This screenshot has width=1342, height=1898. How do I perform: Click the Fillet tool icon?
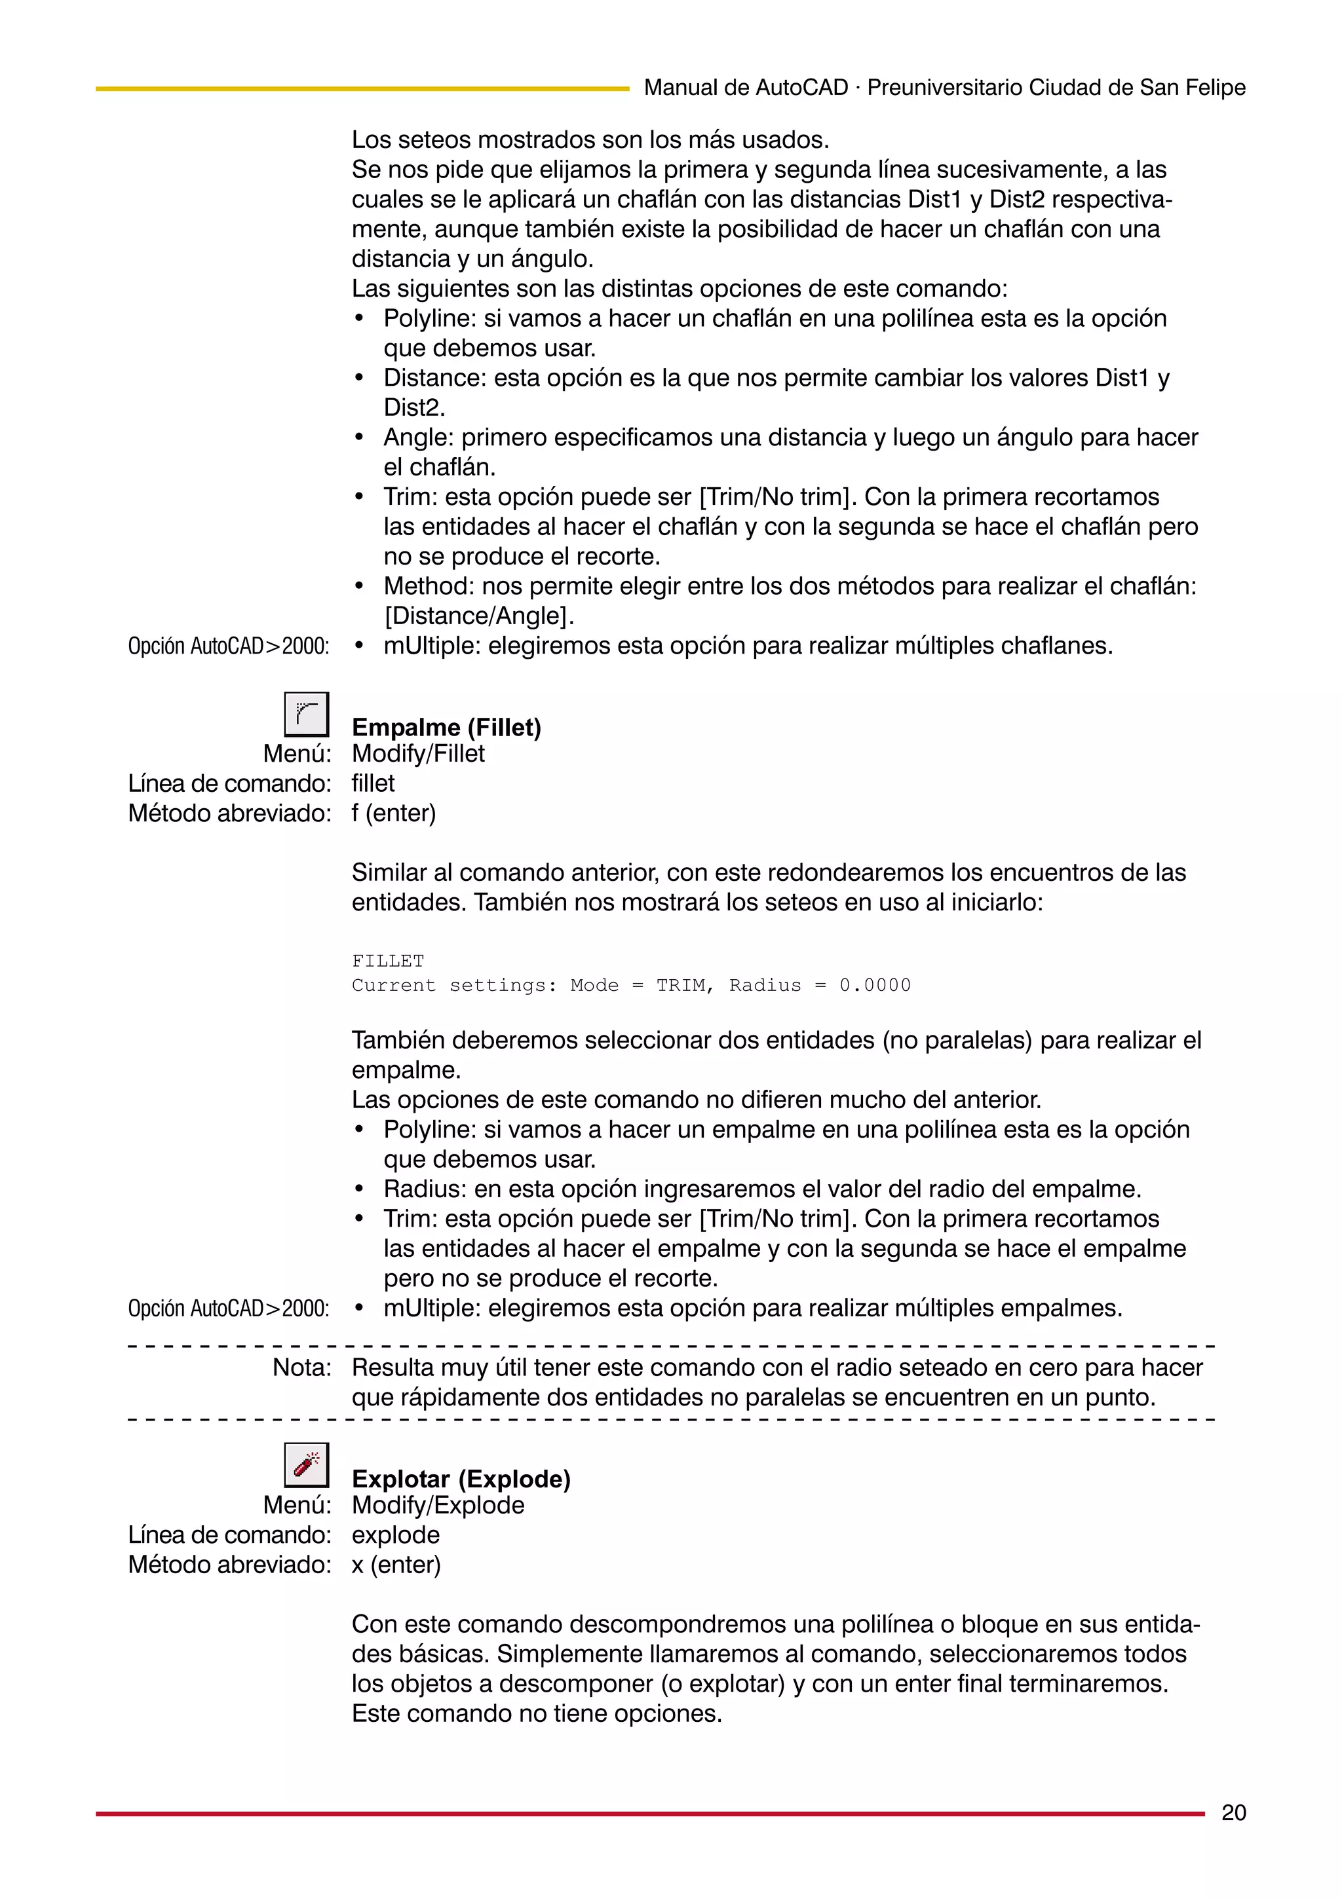click(306, 715)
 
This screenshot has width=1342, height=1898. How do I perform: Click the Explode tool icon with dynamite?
click(306, 1465)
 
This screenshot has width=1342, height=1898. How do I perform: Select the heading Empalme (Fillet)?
click(446, 728)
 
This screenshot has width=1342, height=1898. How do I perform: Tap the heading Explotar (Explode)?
click(461, 1479)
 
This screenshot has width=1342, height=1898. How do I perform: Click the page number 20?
click(1233, 1813)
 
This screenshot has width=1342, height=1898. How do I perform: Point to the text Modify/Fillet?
click(419, 754)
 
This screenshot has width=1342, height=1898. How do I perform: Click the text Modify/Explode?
click(438, 1505)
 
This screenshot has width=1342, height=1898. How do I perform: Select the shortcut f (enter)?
click(394, 813)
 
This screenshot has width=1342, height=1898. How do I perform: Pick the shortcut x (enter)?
click(396, 1565)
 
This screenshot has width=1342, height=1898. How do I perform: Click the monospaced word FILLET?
click(388, 961)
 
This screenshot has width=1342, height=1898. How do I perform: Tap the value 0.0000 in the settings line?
click(875, 986)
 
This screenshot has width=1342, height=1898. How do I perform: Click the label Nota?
click(302, 1368)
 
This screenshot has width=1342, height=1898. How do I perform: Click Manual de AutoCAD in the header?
click(746, 88)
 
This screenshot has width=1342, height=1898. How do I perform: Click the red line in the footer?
click(649, 1814)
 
